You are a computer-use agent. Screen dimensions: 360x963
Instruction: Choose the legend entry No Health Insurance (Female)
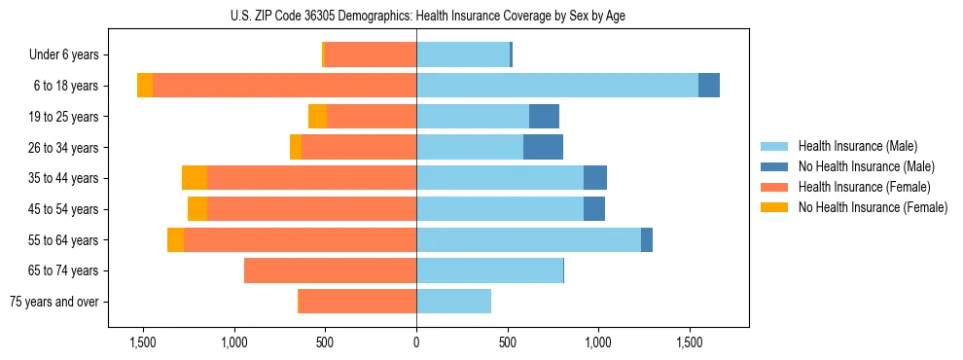coord(873,207)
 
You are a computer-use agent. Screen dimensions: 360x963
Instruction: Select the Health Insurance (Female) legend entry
coord(865,187)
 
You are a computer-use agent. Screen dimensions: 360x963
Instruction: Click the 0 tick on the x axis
coord(416,342)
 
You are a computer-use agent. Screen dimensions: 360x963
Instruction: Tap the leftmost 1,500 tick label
coord(143,342)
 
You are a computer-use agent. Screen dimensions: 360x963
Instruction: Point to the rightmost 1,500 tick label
coord(690,342)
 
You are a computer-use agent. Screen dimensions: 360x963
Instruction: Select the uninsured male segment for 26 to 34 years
coord(544,147)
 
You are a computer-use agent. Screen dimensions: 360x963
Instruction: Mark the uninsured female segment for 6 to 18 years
coord(145,86)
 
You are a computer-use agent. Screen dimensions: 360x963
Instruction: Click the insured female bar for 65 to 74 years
coord(330,270)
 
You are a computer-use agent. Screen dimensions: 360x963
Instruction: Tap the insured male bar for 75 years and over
coord(453,302)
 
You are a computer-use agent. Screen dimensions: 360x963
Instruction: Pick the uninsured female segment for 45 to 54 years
coord(197,209)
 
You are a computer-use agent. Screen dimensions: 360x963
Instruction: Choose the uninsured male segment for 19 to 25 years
coord(544,117)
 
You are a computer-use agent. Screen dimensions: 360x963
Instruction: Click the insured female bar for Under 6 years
coord(370,55)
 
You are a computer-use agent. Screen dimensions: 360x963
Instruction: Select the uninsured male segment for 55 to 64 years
coord(647,239)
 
